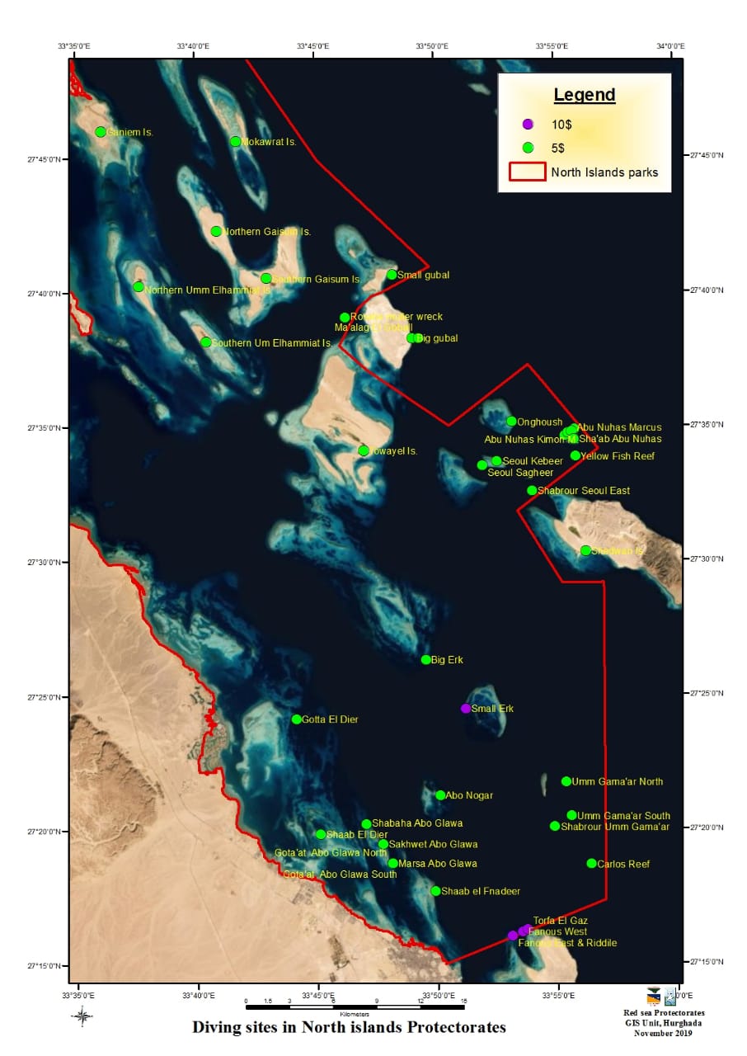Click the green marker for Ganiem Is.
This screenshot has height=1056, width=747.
click(101, 132)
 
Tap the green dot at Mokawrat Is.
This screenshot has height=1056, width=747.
click(235, 142)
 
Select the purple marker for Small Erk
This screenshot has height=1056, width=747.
click(466, 709)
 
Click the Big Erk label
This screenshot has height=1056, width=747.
click(448, 660)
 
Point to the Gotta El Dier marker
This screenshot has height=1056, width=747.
click(297, 719)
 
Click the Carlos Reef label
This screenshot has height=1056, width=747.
click(623, 864)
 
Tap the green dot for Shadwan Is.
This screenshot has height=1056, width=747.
click(585, 550)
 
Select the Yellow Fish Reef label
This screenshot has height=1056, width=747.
click(618, 455)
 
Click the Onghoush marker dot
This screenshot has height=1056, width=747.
click(511, 422)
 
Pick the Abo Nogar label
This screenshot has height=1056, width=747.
click(469, 795)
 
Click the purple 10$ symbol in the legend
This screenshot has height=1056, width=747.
click(529, 124)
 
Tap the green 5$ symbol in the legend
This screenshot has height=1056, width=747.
click(529, 148)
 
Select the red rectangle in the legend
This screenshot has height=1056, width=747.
click(528, 172)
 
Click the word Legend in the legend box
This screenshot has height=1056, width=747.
click(584, 95)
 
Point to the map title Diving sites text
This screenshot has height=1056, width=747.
click(349, 1027)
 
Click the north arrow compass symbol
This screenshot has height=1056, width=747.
click(82, 1016)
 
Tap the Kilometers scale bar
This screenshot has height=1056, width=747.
click(356, 1006)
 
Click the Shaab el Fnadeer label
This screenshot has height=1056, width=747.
click(481, 891)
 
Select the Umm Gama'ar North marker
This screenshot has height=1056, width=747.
click(566, 781)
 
